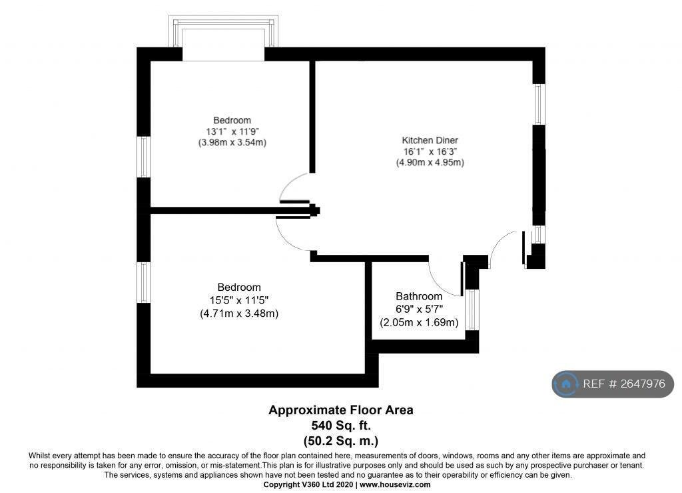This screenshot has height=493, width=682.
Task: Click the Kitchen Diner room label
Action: coord(430,140)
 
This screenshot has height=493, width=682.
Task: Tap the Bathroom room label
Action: coord(419,296)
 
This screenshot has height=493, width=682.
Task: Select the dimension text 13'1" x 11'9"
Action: coord(232,131)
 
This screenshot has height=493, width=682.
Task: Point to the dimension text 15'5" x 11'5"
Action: coord(239,300)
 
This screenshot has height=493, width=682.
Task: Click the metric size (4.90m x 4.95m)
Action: coord(430,163)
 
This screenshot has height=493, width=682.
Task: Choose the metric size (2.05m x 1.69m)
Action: coord(419,323)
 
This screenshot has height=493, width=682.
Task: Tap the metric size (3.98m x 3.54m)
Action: coord(232,142)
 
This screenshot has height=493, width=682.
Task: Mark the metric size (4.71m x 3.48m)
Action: coord(239,314)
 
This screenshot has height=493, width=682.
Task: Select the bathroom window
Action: coord(472,310)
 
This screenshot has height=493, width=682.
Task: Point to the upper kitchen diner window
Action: coord(539,104)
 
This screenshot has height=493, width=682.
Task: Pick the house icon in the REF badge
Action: coord(566,384)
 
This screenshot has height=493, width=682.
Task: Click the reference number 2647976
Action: coord(643,384)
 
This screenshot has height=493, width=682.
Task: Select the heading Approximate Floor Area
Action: coord(340,410)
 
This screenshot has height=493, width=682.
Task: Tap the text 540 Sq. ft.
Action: coord(341,425)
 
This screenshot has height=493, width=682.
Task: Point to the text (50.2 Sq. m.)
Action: coord(341,441)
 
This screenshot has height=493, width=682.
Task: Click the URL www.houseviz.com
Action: coord(395,484)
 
